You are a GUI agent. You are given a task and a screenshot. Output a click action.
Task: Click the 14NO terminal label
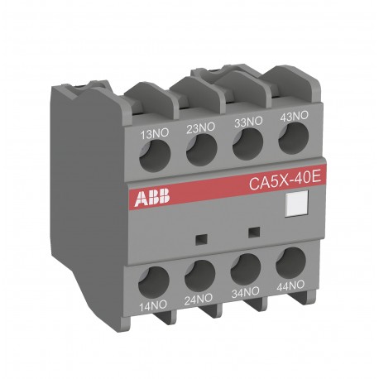pyautogui.click(x=156, y=304)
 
